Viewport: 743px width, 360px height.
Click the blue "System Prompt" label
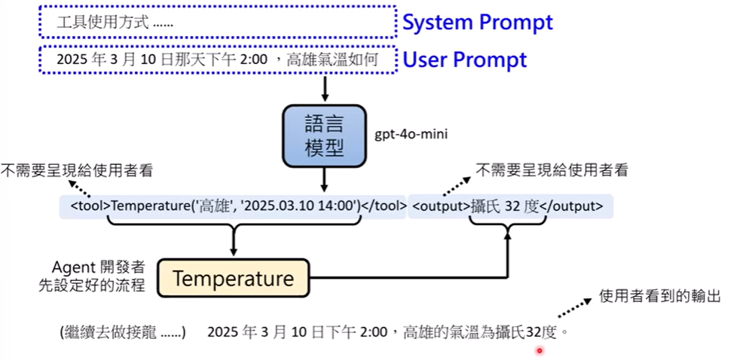(x=477, y=22)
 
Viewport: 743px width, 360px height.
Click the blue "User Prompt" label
(x=465, y=59)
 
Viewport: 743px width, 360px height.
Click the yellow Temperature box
(x=233, y=279)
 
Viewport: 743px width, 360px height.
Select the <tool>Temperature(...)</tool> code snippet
(x=234, y=205)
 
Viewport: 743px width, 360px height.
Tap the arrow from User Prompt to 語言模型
(x=325, y=88)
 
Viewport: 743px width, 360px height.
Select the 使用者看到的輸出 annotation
(x=659, y=296)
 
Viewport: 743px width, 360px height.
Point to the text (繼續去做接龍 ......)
(x=122, y=331)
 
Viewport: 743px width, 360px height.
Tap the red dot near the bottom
(x=539, y=350)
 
